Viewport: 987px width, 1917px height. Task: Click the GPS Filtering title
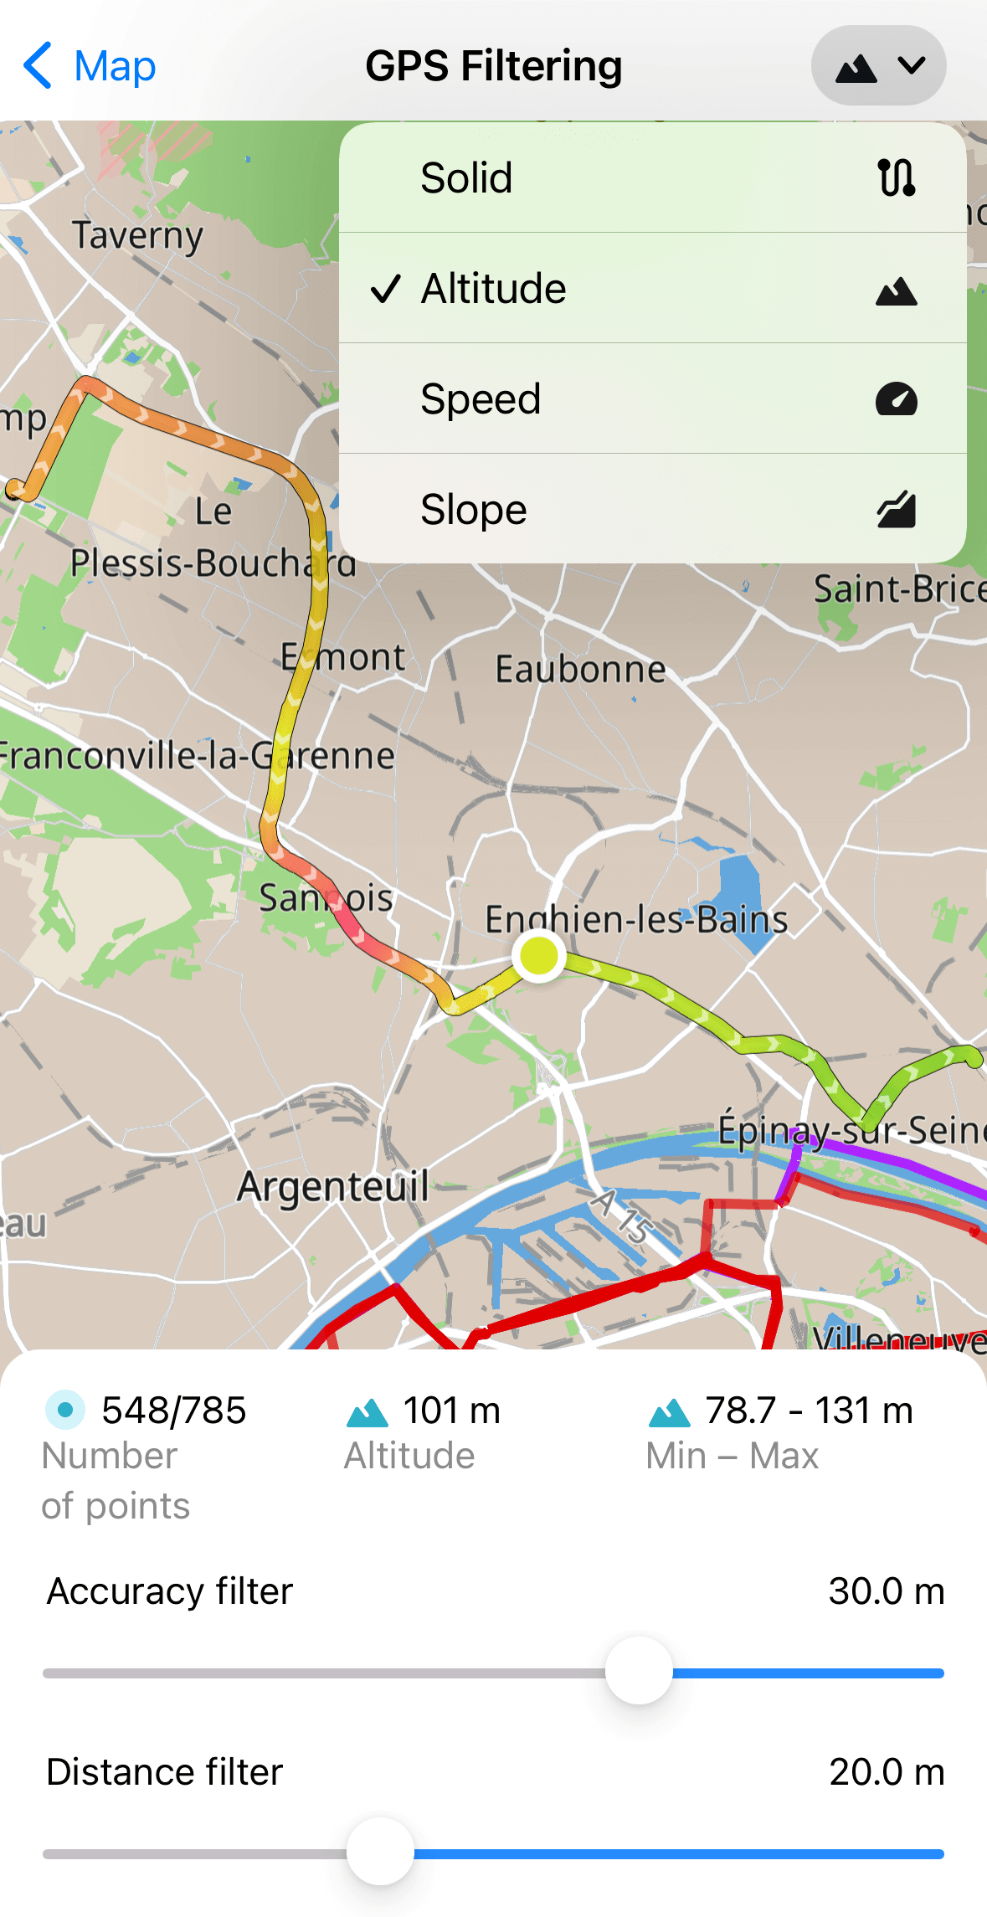point(493,66)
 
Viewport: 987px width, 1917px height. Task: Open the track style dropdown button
point(878,66)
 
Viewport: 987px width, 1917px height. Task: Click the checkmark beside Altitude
point(386,289)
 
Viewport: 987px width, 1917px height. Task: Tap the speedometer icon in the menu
point(896,399)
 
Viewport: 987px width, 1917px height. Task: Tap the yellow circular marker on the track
point(538,955)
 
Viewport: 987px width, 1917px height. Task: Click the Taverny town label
point(137,235)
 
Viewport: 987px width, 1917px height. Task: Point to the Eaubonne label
point(580,669)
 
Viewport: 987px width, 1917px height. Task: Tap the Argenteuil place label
point(332,1187)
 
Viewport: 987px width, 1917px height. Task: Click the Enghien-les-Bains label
point(636,919)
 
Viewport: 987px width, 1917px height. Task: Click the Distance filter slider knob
point(381,1852)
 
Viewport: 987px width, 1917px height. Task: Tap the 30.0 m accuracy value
point(886,1591)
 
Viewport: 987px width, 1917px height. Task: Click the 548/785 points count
point(173,1411)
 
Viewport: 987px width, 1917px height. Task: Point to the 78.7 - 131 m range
point(808,1411)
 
